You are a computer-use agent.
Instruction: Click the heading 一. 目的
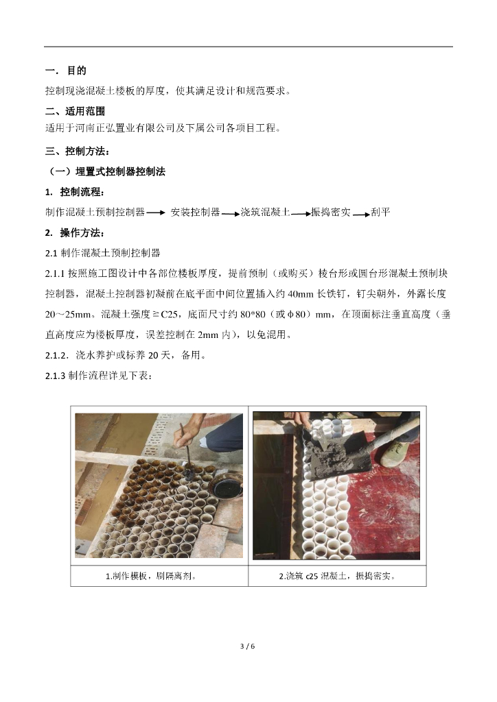pyautogui.click(x=65, y=71)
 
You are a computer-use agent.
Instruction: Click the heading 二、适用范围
pyautogui.click(x=75, y=111)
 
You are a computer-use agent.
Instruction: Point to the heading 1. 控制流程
pyautogui.click(x=75, y=192)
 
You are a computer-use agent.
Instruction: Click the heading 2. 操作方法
pyautogui.click(x=75, y=233)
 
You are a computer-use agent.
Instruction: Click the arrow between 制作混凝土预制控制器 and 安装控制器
pyautogui.click(x=156, y=213)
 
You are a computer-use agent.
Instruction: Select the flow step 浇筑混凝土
pyautogui.click(x=265, y=213)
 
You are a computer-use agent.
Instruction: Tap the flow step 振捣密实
pyautogui.click(x=331, y=213)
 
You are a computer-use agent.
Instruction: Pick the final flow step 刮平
pyautogui.click(x=380, y=213)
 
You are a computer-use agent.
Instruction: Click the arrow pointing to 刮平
pyautogui.click(x=361, y=215)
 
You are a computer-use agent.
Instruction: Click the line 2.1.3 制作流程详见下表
pyautogui.click(x=99, y=376)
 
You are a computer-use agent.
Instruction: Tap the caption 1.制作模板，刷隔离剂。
pyautogui.click(x=151, y=576)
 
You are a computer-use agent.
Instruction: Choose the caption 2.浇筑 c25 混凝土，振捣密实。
pyautogui.click(x=337, y=576)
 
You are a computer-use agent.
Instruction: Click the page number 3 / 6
pyautogui.click(x=247, y=646)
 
